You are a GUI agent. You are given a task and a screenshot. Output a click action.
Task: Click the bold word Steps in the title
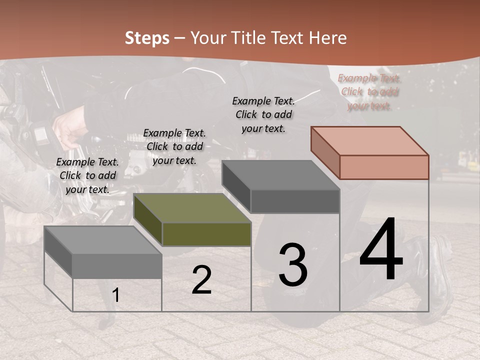[x=147, y=38]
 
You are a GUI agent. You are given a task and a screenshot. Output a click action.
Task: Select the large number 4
[x=381, y=250]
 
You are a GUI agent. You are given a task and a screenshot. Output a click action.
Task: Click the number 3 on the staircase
[x=292, y=265]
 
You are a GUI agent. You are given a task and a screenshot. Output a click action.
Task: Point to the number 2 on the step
[x=201, y=280]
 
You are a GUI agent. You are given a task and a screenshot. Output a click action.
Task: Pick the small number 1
[x=116, y=295]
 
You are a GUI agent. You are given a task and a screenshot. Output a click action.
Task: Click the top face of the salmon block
[x=370, y=140]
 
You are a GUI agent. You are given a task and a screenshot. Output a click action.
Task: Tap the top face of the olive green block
[x=192, y=208]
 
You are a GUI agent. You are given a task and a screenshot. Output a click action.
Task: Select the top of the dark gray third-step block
[x=281, y=175]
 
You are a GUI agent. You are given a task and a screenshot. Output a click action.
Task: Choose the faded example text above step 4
[x=369, y=92]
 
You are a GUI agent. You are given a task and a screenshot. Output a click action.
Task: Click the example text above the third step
[x=263, y=114]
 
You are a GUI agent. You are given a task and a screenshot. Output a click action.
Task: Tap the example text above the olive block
[x=174, y=146]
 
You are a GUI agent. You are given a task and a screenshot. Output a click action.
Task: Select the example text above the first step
[x=87, y=175]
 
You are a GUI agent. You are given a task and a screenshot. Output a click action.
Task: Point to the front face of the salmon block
[x=384, y=167]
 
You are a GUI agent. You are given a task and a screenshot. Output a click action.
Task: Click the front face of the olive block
[x=206, y=234]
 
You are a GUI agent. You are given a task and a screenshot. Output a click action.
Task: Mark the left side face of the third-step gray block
[x=236, y=186]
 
